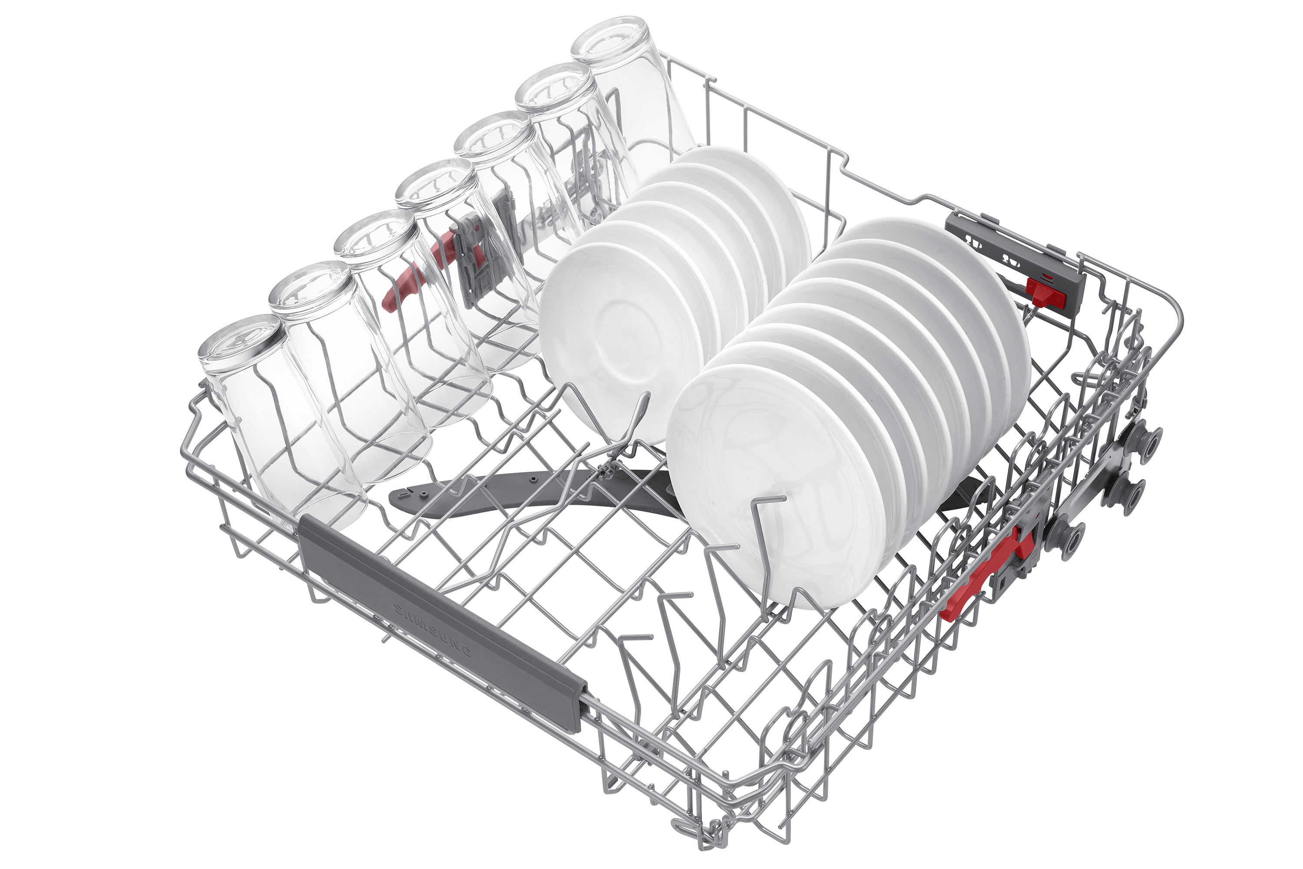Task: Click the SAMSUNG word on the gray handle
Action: (433, 630)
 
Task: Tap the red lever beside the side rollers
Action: (986, 574)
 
